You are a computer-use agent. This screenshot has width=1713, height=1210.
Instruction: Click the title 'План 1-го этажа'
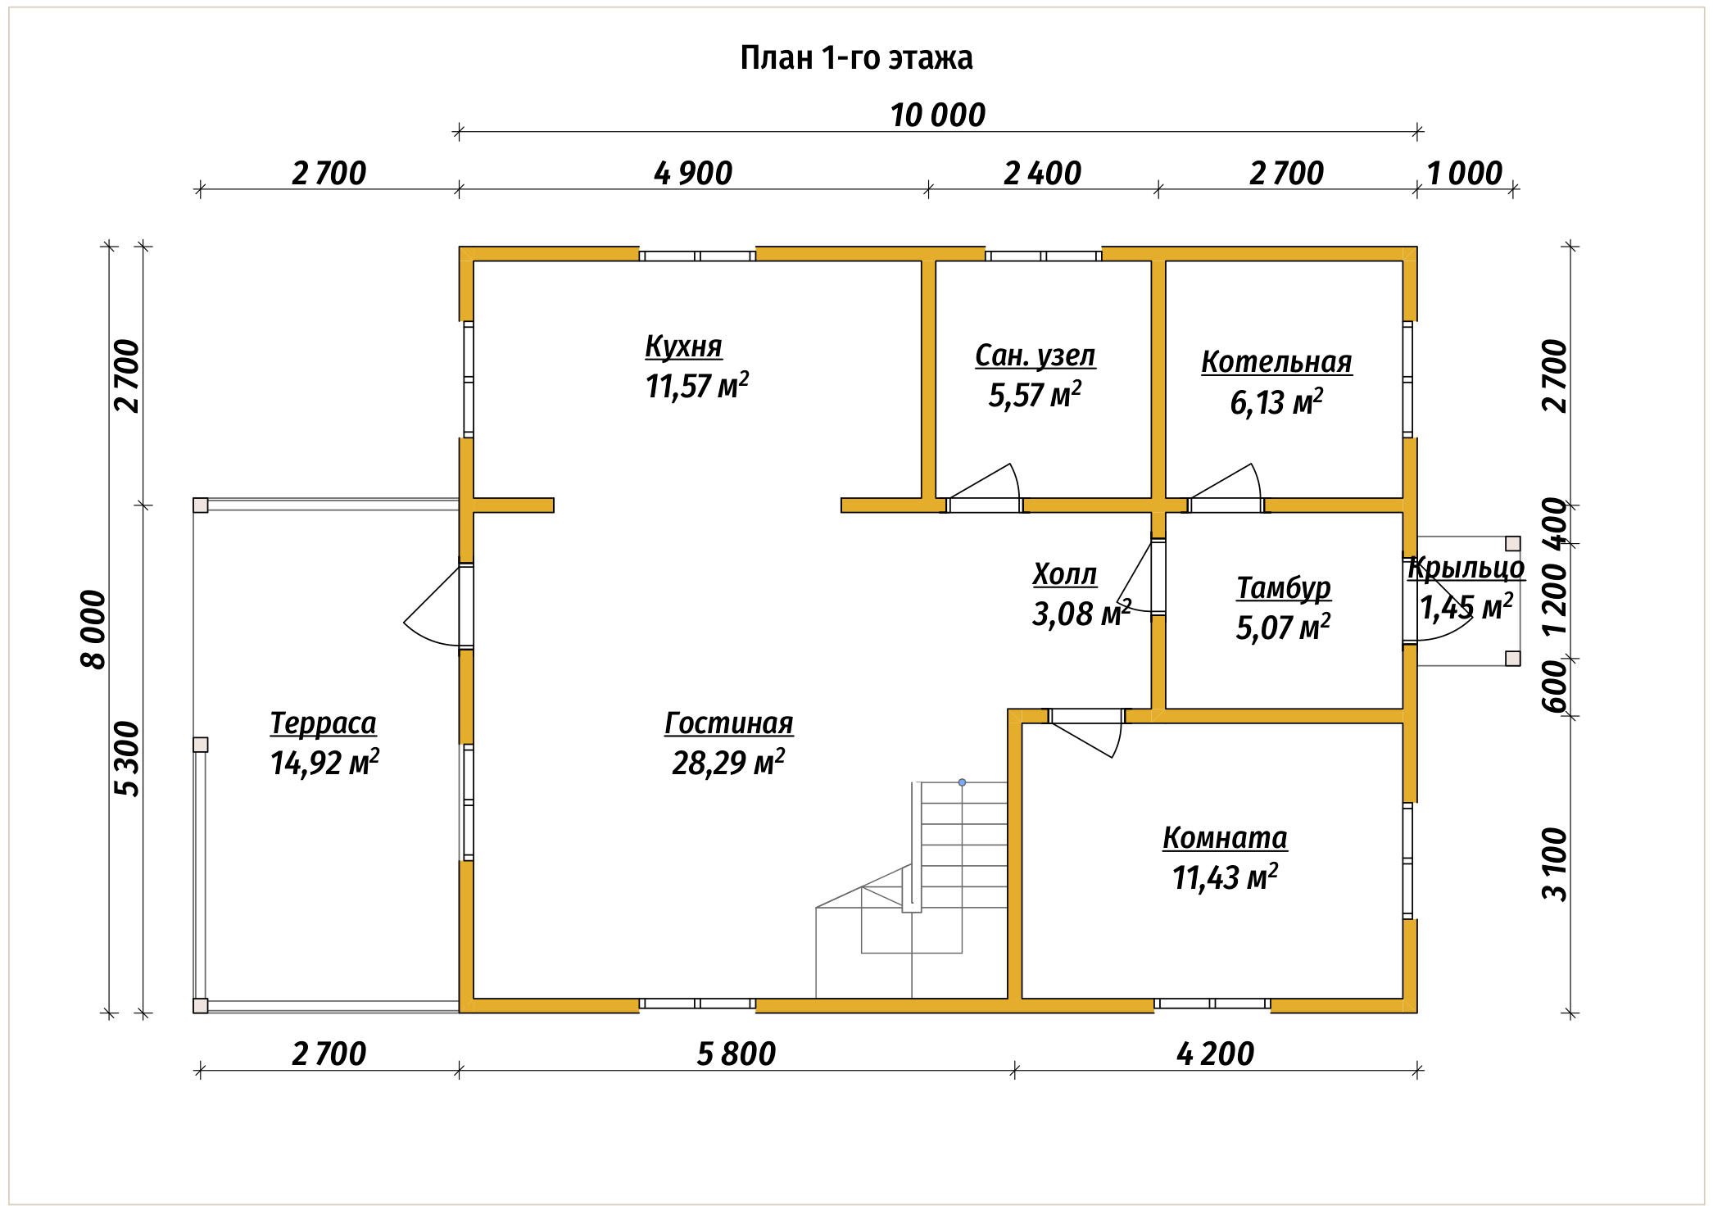[x=856, y=58]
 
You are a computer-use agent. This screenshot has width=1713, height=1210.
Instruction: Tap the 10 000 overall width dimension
[x=938, y=116]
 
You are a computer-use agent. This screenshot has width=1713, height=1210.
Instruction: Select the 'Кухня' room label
[x=683, y=347]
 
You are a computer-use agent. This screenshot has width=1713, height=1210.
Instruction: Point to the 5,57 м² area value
[x=1035, y=395]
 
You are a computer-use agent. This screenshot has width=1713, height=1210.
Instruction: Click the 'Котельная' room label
[x=1276, y=361]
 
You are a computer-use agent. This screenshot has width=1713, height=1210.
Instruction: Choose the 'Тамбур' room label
[x=1284, y=588]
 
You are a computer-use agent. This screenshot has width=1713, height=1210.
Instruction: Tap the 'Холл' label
[x=1064, y=574]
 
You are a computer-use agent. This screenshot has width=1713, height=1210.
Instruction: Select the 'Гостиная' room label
[x=728, y=723]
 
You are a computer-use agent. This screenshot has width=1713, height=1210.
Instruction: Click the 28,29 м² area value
[x=728, y=763]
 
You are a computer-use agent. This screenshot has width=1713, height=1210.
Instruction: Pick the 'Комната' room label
[x=1225, y=838]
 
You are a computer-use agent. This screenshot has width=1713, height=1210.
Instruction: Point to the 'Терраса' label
[x=323, y=723]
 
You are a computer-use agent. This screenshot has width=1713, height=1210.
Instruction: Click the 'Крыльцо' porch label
[x=1466, y=568]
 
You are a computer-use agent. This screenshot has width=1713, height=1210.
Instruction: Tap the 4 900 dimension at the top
[x=693, y=174]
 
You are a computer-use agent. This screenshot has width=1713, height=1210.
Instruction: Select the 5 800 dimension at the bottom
[x=736, y=1054]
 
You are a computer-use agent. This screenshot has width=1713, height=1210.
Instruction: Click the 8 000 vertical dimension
[x=95, y=629]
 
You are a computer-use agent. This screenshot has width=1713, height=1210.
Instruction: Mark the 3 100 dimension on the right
[x=1554, y=863]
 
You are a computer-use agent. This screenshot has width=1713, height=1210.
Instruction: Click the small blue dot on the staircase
[x=962, y=782]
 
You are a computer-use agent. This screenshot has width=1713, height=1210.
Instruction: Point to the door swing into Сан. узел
[x=983, y=487]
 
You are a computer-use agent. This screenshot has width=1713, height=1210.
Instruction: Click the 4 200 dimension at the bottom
[x=1215, y=1054]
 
